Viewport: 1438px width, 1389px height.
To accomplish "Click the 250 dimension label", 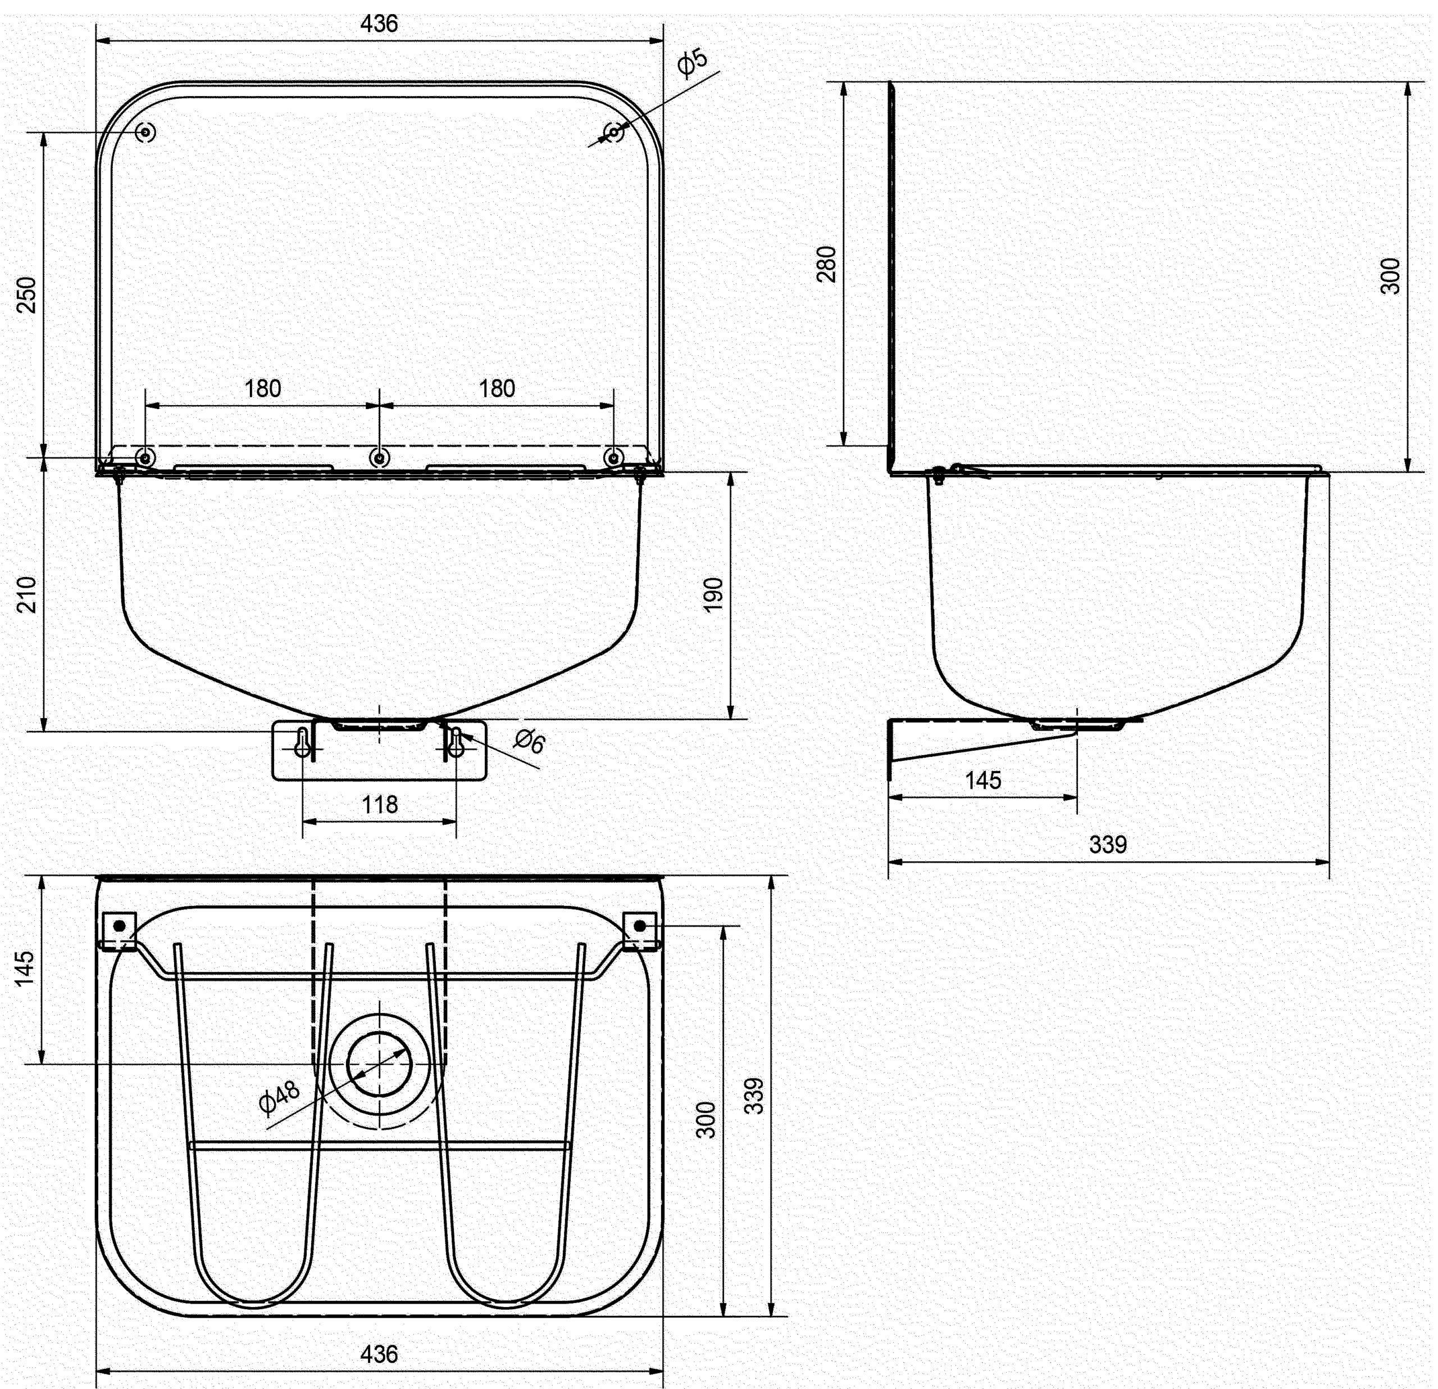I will tap(26, 294).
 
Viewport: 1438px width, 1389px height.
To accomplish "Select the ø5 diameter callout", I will tap(692, 63).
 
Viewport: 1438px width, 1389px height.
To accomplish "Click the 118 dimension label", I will tap(379, 805).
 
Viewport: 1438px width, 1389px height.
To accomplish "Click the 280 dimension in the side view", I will tap(827, 264).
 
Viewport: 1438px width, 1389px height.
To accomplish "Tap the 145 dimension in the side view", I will tap(982, 780).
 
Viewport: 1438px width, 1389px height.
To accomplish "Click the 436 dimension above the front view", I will tap(379, 24).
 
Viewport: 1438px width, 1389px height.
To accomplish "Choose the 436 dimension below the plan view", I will tap(379, 1354).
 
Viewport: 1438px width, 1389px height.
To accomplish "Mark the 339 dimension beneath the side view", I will tap(1107, 845).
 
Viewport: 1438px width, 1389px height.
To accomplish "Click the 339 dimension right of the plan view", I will tap(754, 1096).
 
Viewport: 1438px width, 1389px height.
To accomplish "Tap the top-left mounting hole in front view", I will tap(146, 132).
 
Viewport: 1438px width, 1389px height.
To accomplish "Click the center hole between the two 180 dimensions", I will tap(379, 458).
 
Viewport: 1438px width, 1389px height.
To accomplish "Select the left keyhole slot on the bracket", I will tap(302, 743).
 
